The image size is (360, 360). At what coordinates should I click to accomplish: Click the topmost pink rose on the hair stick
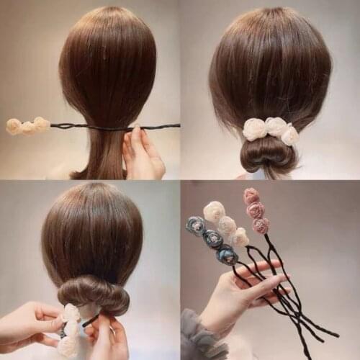pos(251,196)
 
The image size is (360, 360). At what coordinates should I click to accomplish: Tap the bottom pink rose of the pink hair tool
pos(261,226)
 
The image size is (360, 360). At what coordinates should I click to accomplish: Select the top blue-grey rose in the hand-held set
pos(195,225)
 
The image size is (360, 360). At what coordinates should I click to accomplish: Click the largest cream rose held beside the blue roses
pos(214,211)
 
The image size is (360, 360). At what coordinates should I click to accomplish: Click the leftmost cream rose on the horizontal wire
pos(14,127)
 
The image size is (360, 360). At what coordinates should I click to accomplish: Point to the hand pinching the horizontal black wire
pos(143,152)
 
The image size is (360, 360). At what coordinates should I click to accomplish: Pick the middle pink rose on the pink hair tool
pos(256,210)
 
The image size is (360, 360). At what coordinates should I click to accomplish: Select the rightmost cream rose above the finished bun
pos(289,135)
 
